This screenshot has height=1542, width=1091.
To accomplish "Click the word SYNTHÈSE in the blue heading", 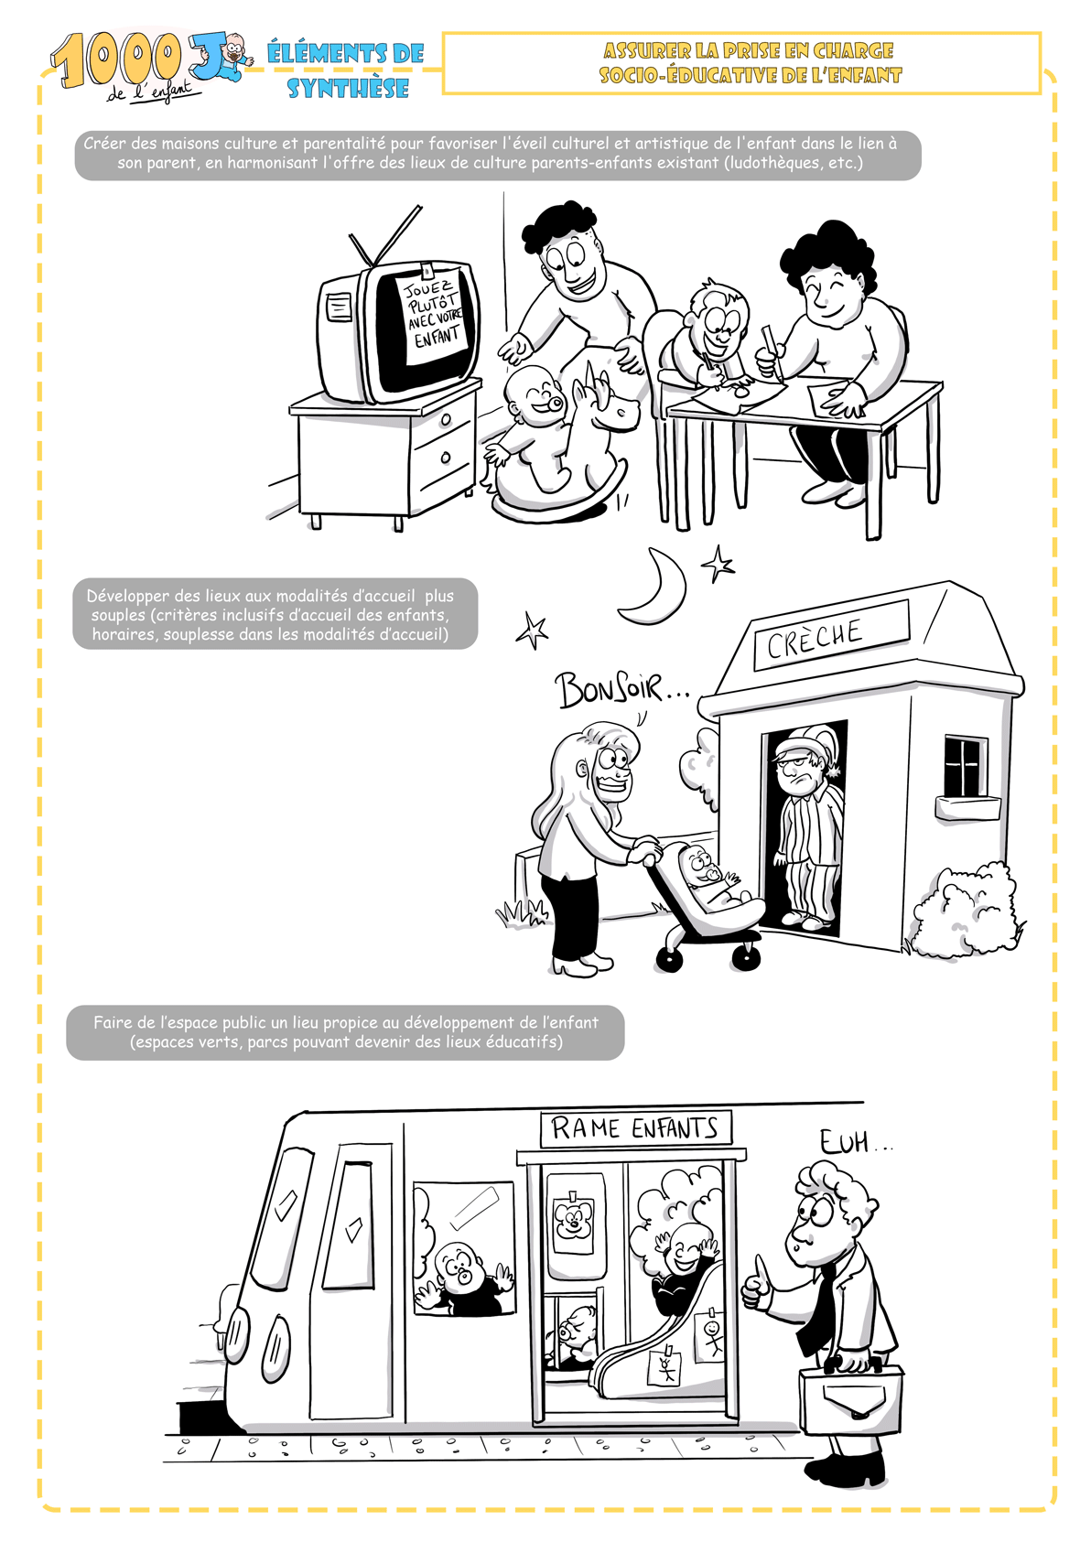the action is pos(349,89).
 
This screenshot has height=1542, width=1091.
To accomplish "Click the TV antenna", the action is pos(385,235).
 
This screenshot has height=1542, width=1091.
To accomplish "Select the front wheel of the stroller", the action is pos(667,958).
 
